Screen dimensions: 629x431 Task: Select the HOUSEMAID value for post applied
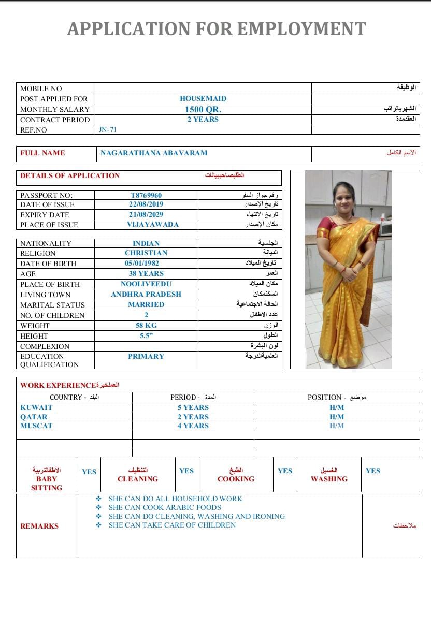203,98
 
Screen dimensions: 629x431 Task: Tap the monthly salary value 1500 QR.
203,109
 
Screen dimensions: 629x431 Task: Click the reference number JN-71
108,130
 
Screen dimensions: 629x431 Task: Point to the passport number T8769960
146,195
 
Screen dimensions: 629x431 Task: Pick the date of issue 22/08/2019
146,204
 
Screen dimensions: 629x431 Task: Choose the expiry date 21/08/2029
146,214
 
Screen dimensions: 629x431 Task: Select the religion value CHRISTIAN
146,253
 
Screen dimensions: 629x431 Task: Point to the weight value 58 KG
146,325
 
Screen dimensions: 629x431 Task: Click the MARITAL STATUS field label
52,305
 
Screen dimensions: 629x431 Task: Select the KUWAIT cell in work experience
36,407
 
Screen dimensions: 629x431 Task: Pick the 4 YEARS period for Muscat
193,426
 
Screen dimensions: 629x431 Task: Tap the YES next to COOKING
285,471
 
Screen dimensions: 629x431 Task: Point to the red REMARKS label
39,526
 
